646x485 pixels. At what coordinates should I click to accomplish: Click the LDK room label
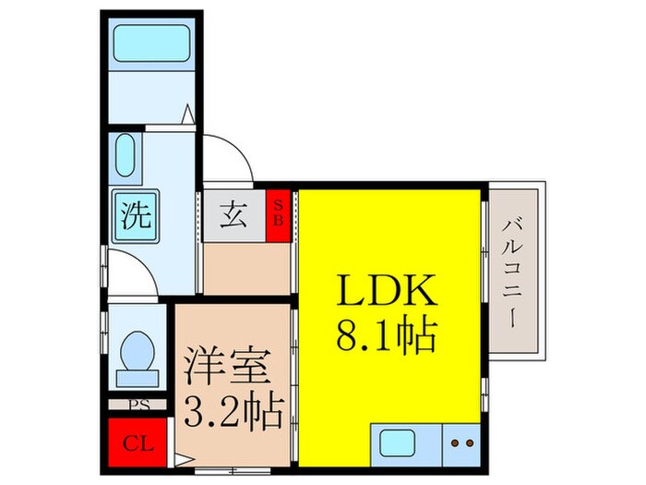389,293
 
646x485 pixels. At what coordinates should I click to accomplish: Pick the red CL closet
137,441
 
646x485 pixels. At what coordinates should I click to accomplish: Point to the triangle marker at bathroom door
188,115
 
